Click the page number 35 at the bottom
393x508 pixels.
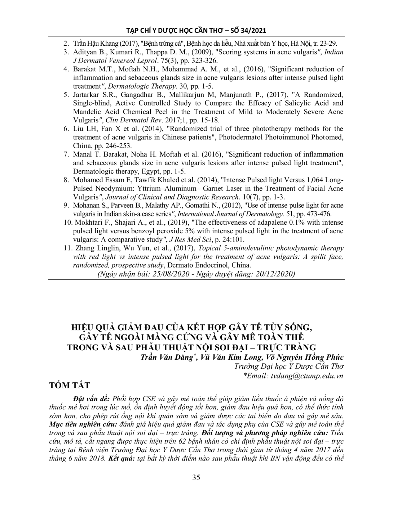tap(196, 478)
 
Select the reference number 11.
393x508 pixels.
tap(67, 248)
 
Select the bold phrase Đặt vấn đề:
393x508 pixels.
tap(92, 399)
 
